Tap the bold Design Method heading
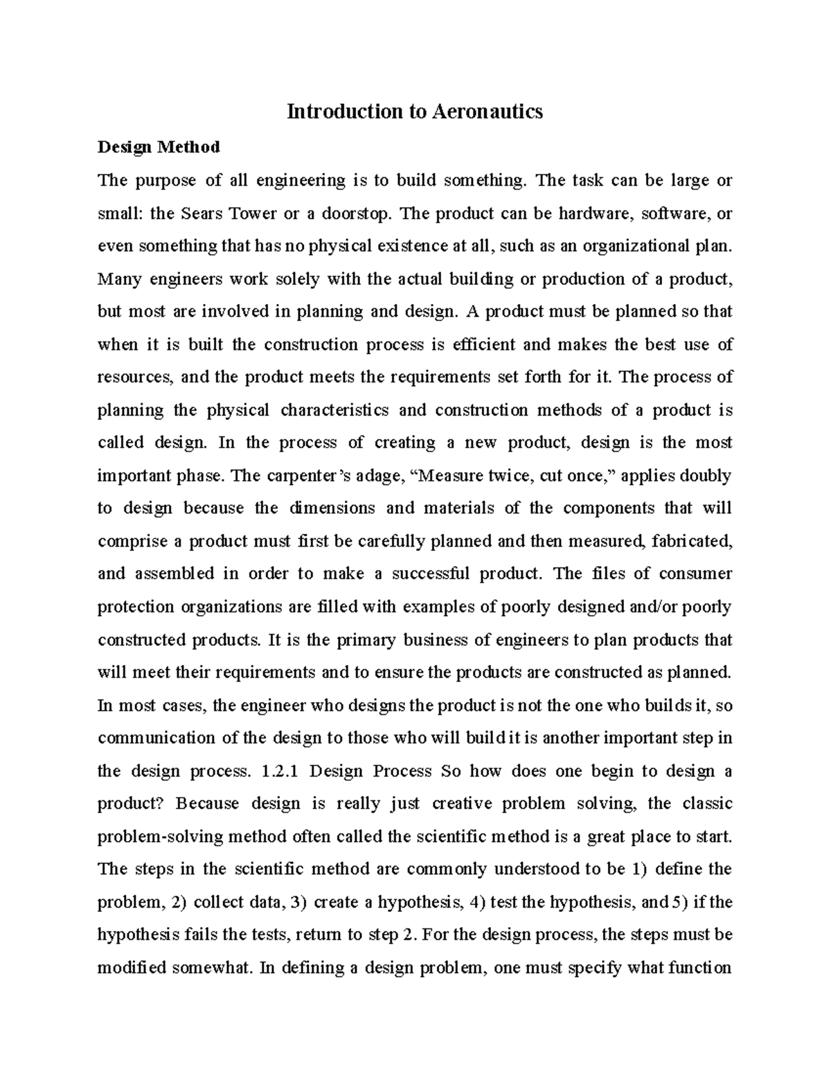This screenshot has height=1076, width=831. click(159, 147)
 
